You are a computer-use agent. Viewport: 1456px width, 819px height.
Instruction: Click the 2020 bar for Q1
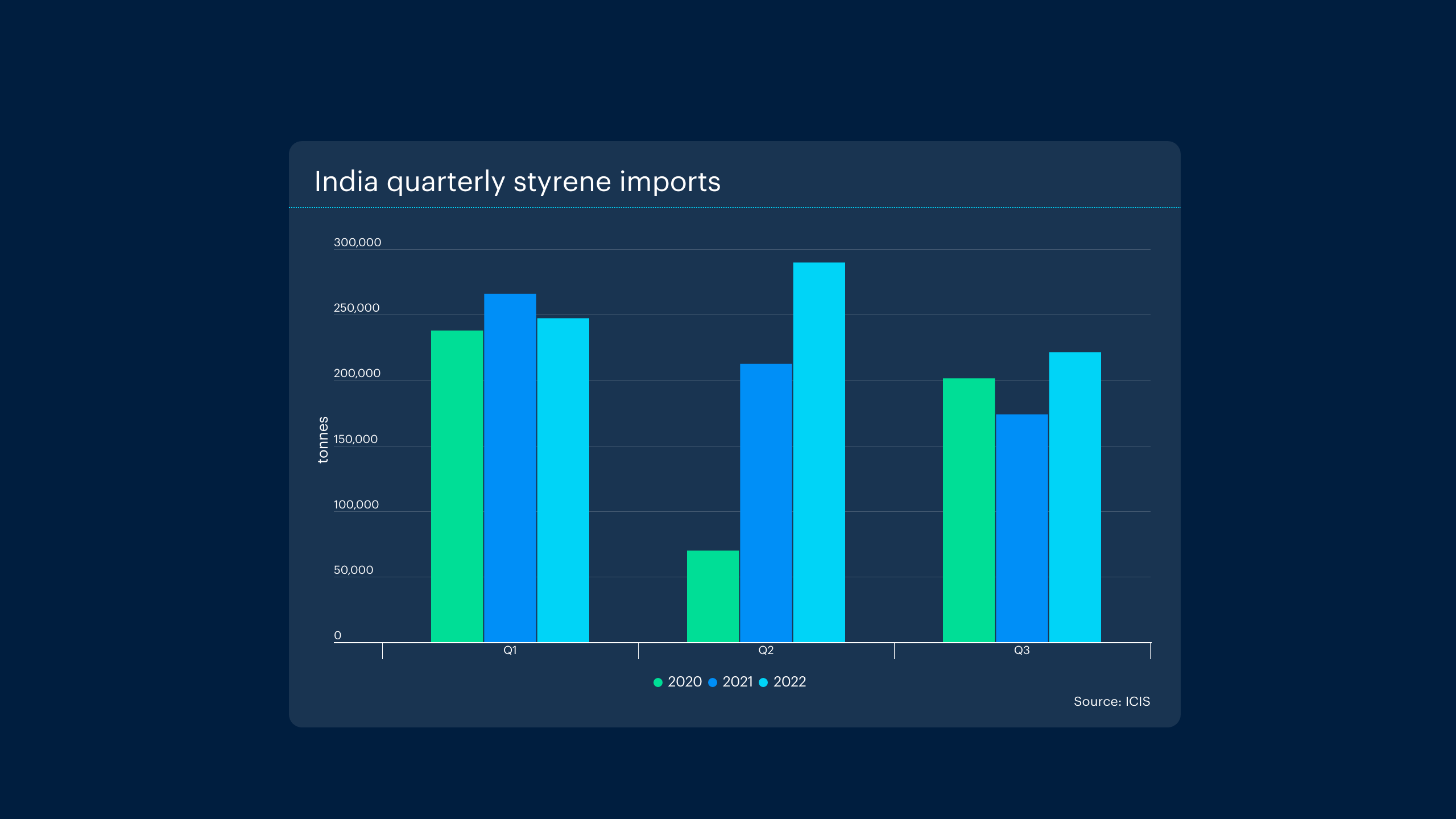pyautogui.click(x=457, y=486)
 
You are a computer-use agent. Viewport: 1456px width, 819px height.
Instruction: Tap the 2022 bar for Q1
pyautogui.click(x=563, y=480)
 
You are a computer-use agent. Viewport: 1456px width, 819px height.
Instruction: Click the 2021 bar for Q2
pyautogui.click(x=766, y=503)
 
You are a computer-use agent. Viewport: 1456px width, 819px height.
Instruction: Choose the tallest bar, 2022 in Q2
pyautogui.click(x=819, y=452)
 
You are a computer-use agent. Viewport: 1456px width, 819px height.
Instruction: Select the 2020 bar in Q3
pyautogui.click(x=969, y=510)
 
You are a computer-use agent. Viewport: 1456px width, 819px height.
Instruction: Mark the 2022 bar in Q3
pyautogui.click(x=1075, y=497)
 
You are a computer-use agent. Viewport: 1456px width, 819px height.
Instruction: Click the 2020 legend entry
pyautogui.click(x=679, y=682)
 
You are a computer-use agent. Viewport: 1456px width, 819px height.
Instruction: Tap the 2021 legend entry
pyautogui.click(x=731, y=682)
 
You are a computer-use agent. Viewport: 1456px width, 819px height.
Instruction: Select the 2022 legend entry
pyautogui.click(x=783, y=682)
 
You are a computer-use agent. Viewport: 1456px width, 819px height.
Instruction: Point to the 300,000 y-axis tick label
pyautogui.click(x=357, y=242)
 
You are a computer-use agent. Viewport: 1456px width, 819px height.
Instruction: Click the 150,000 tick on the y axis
pyautogui.click(x=355, y=439)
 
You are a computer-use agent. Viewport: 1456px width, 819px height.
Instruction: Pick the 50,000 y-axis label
pyautogui.click(x=353, y=570)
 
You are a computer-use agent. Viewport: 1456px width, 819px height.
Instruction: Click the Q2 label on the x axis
pyautogui.click(x=766, y=650)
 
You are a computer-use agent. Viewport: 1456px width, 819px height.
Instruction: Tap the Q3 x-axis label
pyautogui.click(x=1021, y=650)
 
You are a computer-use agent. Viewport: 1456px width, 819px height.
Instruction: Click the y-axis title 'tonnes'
pyautogui.click(x=323, y=440)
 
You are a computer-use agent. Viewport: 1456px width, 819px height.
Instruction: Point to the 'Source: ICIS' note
pyautogui.click(x=1111, y=701)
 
